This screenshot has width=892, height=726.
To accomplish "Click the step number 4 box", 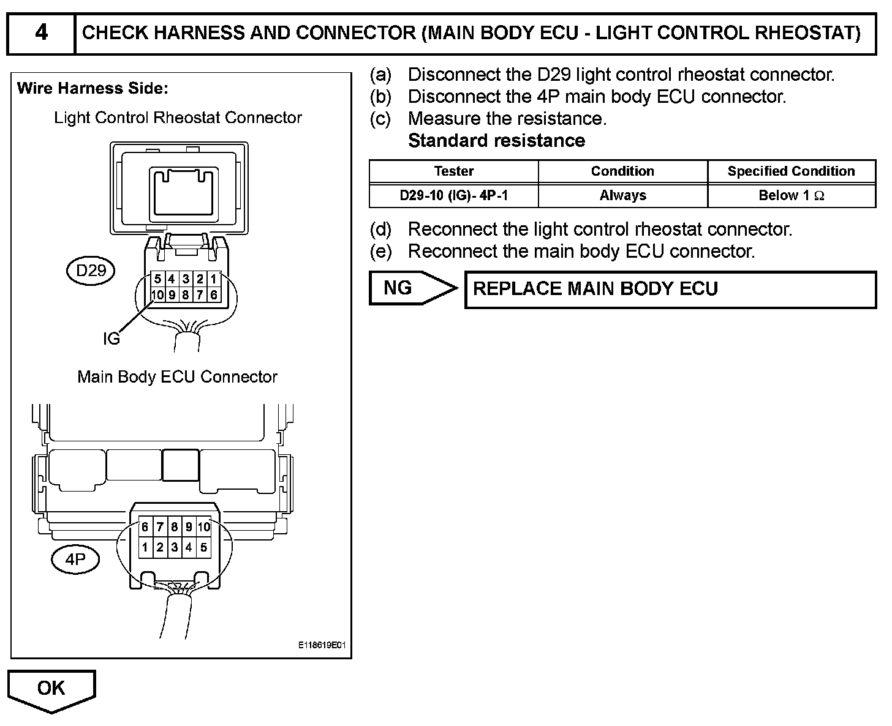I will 41,33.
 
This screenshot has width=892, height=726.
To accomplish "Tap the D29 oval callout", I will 91,270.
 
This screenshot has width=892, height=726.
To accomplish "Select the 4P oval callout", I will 75,559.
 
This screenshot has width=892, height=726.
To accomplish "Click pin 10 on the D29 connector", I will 157,295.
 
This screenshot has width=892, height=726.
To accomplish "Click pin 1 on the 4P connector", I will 145,548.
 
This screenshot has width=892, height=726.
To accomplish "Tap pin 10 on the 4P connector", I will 204,527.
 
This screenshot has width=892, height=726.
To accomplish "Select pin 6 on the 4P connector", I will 145,527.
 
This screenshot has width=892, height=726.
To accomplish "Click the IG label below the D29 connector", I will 112,339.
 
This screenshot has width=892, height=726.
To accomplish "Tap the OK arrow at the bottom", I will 51,689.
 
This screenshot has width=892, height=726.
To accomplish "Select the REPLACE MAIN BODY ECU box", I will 670,290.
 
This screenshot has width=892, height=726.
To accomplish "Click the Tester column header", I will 453,171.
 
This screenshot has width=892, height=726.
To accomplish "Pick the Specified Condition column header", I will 791,171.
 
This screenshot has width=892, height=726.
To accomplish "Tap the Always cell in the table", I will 622,196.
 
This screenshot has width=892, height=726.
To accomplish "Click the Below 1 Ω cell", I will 791,196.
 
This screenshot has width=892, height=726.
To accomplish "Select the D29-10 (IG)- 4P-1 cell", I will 453,196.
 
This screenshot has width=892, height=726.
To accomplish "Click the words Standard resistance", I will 496,141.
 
